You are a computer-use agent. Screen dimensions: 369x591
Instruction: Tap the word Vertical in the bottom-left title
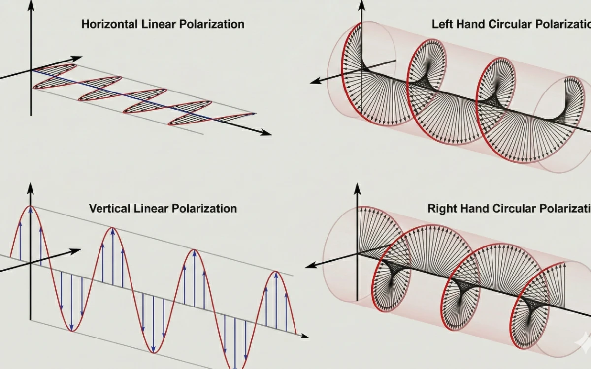109,208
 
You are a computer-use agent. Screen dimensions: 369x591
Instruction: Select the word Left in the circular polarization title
442,24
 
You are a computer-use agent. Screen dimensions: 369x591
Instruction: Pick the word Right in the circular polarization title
440,208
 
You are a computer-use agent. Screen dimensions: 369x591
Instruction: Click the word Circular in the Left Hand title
507,24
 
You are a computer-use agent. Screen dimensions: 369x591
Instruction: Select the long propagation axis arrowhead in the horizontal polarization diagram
266,132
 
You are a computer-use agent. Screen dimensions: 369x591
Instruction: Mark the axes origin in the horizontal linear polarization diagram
31,70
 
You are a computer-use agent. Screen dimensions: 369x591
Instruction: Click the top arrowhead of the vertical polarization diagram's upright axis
31,187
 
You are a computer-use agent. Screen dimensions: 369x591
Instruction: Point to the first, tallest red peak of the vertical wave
31,206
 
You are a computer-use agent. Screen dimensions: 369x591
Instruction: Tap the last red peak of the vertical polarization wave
276,272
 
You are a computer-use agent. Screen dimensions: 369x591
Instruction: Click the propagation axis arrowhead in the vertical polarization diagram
305,337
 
